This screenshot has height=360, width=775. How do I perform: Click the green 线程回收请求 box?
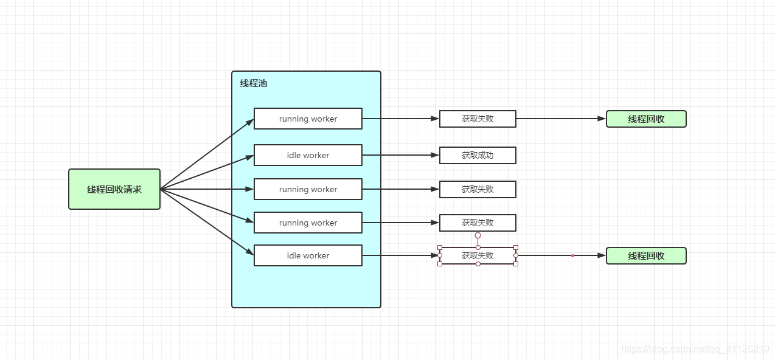point(114,189)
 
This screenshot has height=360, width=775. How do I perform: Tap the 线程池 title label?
point(253,83)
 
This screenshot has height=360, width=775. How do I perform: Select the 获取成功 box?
point(478,155)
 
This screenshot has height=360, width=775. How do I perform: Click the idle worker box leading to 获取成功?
point(308,155)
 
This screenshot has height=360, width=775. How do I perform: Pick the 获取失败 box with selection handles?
point(478,255)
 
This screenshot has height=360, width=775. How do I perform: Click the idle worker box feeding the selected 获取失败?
point(308,255)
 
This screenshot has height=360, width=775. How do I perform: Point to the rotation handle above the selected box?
point(478,235)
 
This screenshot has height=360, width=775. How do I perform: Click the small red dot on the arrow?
point(572,255)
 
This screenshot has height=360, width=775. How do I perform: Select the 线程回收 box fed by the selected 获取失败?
point(646,255)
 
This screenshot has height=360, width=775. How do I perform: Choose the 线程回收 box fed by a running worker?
point(646,119)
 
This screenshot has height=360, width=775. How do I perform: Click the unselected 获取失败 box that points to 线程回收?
point(478,119)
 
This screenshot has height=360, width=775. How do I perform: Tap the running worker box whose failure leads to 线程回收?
point(308,119)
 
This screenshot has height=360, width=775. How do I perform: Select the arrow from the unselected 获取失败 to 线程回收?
point(560,119)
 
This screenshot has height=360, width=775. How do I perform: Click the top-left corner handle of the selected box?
point(440,247)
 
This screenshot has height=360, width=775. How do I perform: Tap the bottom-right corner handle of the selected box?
point(516,264)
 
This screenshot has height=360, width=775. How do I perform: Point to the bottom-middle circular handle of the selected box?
point(478,264)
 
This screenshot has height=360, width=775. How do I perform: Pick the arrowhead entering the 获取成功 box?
point(435,155)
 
